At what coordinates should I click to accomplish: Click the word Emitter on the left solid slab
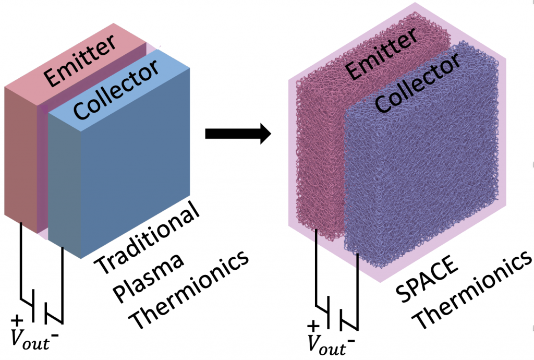coord(78,58)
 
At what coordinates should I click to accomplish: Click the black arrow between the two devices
coord(237,134)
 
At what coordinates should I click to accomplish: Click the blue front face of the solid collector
coord(136,172)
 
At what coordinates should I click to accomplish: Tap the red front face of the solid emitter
coord(20,157)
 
